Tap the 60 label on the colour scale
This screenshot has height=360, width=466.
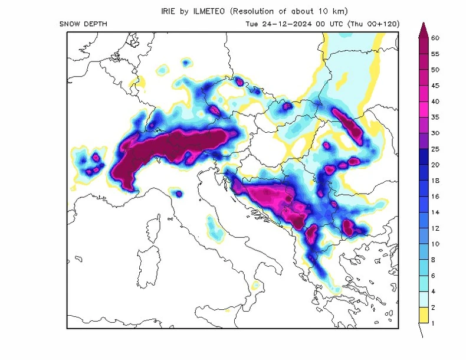pyautogui.click(x=435, y=38)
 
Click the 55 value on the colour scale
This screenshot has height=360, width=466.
pyautogui.click(x=435, y=54)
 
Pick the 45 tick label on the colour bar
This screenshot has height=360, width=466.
pyautogui.click(x=435, y=86)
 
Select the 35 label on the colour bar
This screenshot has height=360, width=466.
pyautogui.click(x=435, y=117)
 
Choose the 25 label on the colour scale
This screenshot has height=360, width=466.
pyautogui.click(x=435, y=149)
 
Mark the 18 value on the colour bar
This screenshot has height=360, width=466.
pyautogui.click(x=435, y=181)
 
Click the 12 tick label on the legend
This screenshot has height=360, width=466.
pyautogui.click(x=435, y=228)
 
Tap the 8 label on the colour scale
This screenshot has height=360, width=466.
pyautogui.click(x=434, y=260)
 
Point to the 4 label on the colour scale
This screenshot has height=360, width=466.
pyautogui.click(x=434, y=292)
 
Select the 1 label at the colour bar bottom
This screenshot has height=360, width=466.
pyautogui.click(x=434, y=323)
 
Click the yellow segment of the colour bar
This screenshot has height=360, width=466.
pyautogui.click(x=422, y=315)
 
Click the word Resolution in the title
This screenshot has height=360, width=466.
pyautogui.click(x=265, y=11)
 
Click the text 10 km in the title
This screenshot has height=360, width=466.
pyautogui.click(x=332, y=11)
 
